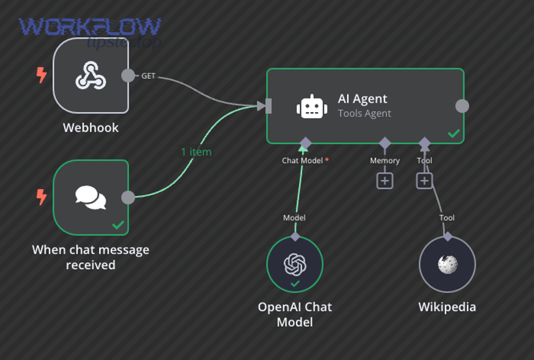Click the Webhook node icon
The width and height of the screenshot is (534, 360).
(x=91, y=77)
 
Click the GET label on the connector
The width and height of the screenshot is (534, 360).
(x=148, y=75)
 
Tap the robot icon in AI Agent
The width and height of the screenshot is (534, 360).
(x=311, y=106)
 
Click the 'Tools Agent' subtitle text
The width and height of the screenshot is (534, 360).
(x=364, y=113)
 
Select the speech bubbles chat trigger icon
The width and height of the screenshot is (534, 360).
(x=91, y=197)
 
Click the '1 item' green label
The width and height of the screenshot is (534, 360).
(x=196, y=152)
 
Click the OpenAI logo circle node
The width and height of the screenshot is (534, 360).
(x=295, y=265)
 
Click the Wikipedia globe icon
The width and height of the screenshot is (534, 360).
(x=447, y=265)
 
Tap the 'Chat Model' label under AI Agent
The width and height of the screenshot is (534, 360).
(x=302, y=161)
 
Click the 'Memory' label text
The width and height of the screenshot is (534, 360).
(x=384, y=161)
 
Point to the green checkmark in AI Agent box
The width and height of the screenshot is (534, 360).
(x=453, y=133)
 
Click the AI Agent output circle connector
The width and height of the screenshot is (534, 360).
(x=462, y=106)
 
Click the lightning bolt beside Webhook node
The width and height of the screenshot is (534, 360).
(x=41, y=75)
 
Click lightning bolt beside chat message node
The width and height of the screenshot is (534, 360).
(x=41, y=197)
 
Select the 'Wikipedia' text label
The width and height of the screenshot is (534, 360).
(x=447, y=307)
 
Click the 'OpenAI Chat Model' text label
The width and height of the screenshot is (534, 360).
(x=295, y=314)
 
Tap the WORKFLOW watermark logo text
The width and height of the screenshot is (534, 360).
(x=89, y=27)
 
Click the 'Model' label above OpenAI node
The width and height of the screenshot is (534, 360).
(x=294, y=218)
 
